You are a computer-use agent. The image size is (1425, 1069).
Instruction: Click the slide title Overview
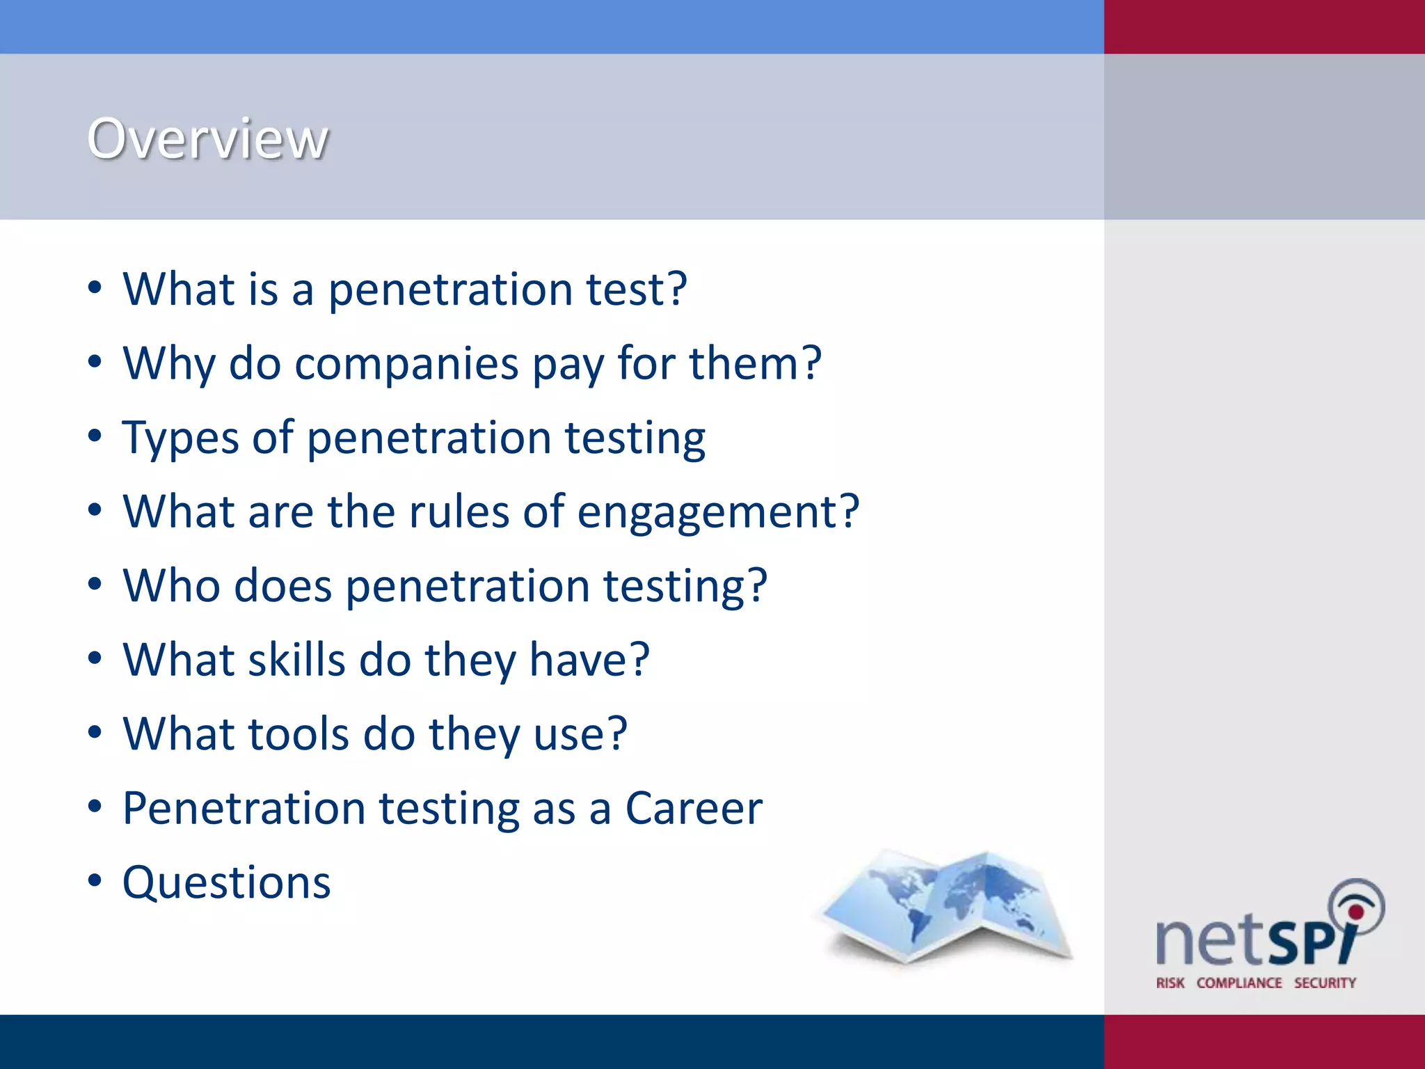click(207, 139)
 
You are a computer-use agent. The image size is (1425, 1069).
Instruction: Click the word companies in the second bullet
click(406, 364)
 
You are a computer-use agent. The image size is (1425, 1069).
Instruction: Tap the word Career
click(694, 809)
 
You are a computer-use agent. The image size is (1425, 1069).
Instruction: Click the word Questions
click(227, 883)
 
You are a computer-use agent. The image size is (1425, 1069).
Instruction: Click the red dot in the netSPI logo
click(1355, 911)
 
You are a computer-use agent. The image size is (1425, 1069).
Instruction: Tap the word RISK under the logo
click(1170, 983)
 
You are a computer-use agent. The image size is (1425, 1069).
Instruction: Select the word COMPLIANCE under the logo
click(1239, 983)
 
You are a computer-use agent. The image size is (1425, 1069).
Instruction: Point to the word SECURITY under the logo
click(1325, 983)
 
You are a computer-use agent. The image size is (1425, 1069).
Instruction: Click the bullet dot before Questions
click(95, 881)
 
